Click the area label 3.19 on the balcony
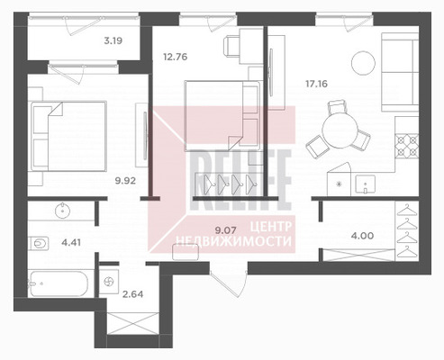pyautogui.click(x=113, y=40)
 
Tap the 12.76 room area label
pyautogui.click(x=176, y=57)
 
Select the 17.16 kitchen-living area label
pyautogui.click(x=316, y=84)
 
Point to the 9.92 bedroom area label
pyautogui.click(x=125, y=181)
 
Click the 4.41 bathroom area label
pyautogui.click(x=71, y=242)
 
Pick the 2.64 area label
pyautogui.click(x=133, y=294)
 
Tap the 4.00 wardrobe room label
pyautogui.click(x=362, y=236)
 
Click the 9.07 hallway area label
pyautogui.click(x=226, y=230)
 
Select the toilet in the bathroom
pyautogui.click(x=39, y=243)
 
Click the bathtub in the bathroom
pyautogui.click(x=59, y=283)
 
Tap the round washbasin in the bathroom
pyautogui.click(x=63, y=211)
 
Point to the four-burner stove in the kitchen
pyautogui.click(x=406, y=146)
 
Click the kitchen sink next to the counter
pyautogui.click(x=365, y=184)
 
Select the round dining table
pyautogui.click(x=340, y=130)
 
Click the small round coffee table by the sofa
pyautogui.click(x=363, y=63)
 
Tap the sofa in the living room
pyautogui.click(x=400, y=72)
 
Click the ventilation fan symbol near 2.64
pyautogui.click(x=109, y=282)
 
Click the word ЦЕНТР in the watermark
pyautogui.click(x=271, y=227)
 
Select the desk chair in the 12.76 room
pyautogui.click(x=231, y=46)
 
